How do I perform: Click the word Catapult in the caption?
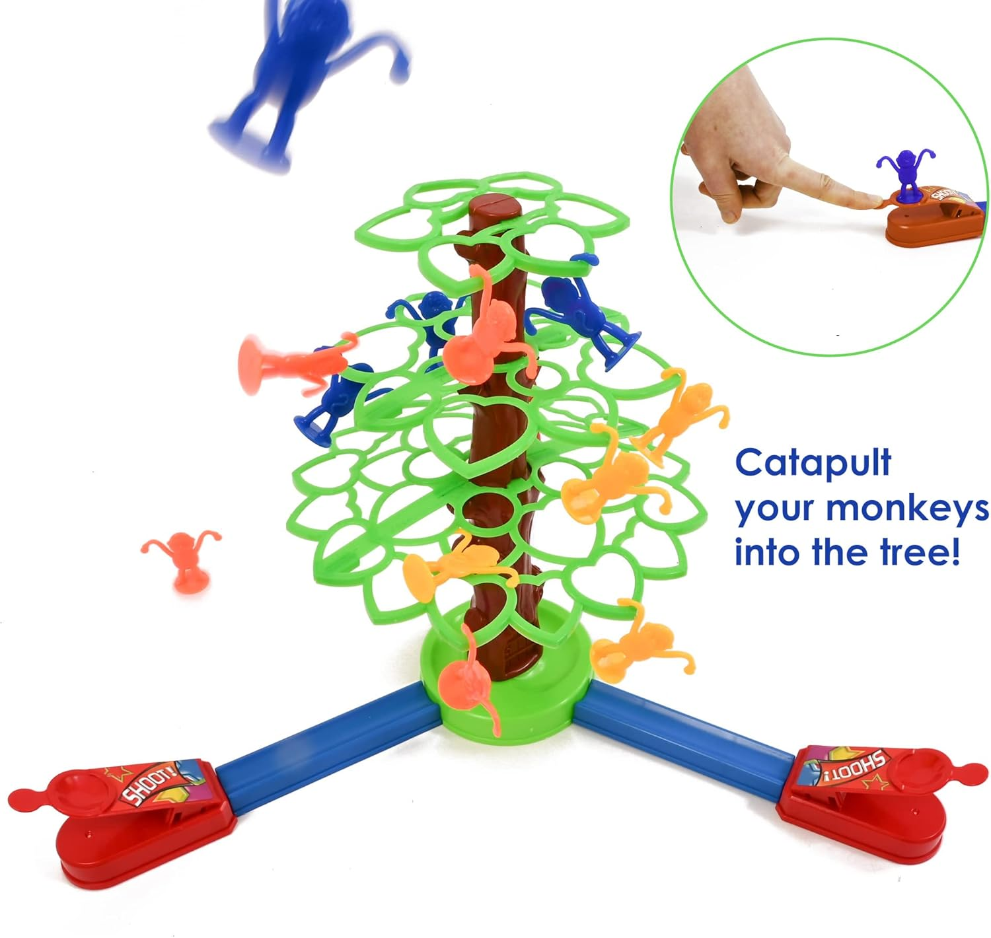tap(813, 464)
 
